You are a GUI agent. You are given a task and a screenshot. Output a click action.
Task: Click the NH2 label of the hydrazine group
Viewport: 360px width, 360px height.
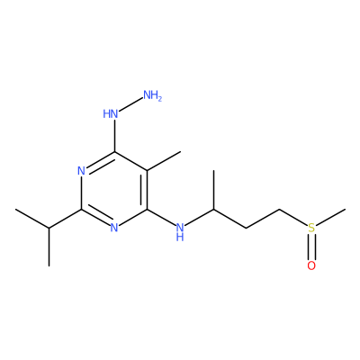(152, 95)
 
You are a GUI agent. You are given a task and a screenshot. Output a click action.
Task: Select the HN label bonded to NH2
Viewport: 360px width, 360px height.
(110, 114)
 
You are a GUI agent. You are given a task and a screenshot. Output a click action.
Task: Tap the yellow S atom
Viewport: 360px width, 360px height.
(311, 228)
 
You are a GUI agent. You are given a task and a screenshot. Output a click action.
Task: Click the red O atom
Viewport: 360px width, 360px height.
(311, 265)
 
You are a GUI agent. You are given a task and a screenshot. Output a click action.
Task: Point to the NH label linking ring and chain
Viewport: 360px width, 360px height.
(180, 231)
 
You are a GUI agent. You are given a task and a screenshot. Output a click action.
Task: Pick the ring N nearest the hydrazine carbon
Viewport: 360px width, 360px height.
(81, 171)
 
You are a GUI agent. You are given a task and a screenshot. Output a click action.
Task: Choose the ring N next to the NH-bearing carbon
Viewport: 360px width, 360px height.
(114, 228)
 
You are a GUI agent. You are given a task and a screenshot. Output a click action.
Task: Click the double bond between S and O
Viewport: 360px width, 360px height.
(311, 247)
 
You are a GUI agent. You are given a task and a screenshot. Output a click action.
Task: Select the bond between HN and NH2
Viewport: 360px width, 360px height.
(130, 105)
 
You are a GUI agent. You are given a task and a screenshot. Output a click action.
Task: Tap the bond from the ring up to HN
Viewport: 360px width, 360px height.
(114, 136)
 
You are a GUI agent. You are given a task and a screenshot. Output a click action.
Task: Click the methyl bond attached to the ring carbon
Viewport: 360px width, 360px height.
(164, 161)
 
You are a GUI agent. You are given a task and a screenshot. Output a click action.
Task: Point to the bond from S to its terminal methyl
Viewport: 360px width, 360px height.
(331, 217)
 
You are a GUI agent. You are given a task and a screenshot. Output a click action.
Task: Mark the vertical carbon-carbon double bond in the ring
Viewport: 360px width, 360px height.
(145, 190)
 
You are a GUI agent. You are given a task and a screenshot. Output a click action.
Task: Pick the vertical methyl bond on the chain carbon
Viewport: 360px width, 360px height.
(213, 190)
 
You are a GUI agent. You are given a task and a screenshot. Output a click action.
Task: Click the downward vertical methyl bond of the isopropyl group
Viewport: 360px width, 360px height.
(49, 247)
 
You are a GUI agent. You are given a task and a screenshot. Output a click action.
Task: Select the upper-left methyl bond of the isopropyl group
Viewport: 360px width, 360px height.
(32, 219)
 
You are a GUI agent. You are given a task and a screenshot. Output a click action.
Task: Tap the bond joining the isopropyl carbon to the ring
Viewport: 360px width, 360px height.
(65, 219)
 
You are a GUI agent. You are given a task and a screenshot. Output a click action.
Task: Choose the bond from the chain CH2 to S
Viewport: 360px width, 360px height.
(293, 217)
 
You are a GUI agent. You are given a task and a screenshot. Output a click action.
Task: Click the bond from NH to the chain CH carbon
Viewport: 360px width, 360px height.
(199, 217)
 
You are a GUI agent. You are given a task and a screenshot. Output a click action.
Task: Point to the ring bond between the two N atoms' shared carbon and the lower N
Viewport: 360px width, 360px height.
(96, 218)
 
